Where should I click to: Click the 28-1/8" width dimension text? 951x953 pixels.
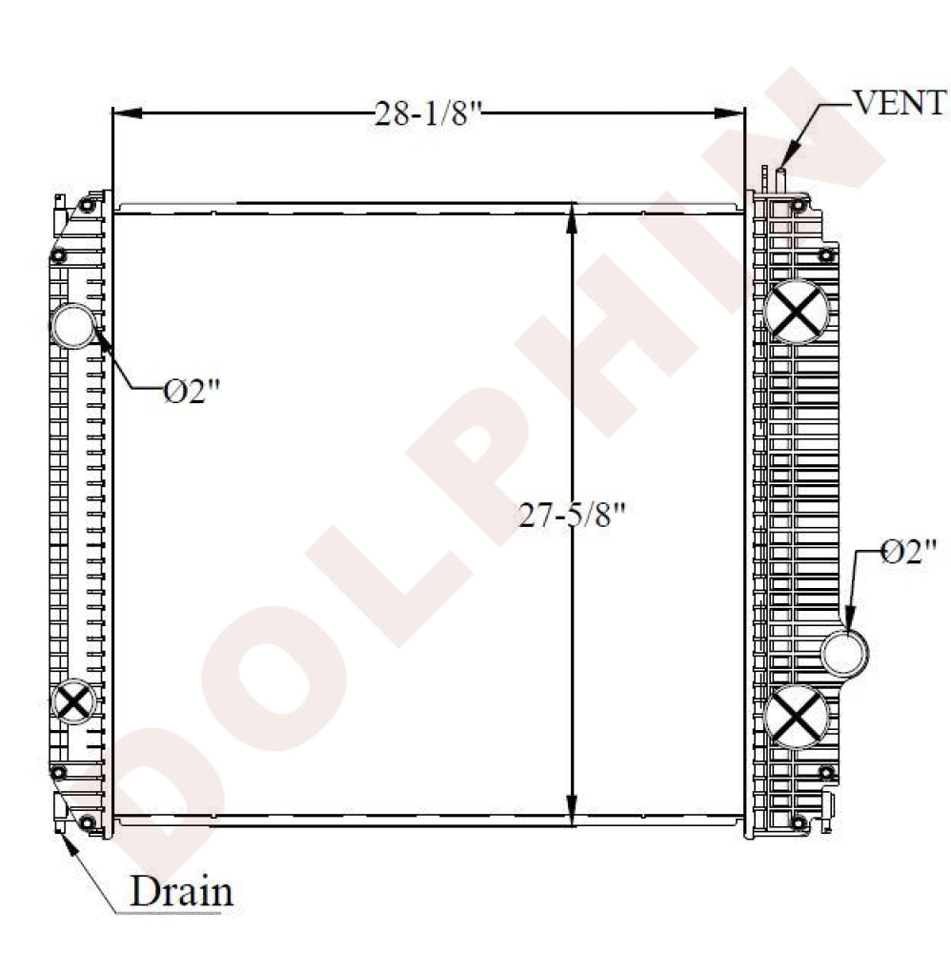click(428, 113)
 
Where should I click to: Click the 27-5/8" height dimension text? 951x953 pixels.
click(571, 516)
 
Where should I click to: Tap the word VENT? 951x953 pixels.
click(900, 102)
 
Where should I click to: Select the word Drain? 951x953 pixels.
click(181, 891)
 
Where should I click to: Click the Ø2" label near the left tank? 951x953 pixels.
click(192, 391)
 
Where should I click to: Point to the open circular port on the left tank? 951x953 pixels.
click(73, 325)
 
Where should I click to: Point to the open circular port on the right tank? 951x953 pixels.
click(844, 654)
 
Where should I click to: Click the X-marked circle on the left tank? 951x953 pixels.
click(73, 701)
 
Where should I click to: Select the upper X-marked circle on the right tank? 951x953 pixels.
click(796, 312)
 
